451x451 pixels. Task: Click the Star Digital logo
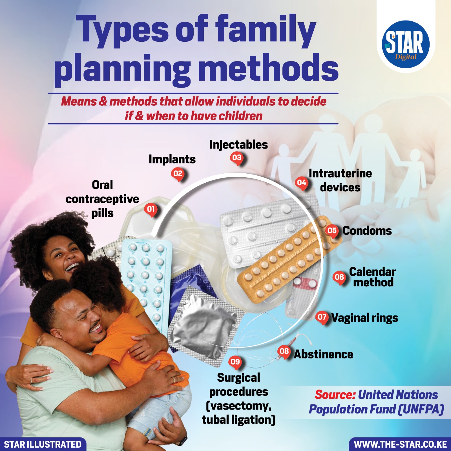pos(406,45)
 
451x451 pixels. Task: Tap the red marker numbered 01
pos(151,209)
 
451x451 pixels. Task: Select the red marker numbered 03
pos(237,158)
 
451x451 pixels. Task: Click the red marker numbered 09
pos(235,362)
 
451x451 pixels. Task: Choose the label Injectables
pos(238,145)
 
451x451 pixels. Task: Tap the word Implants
pos(172,160)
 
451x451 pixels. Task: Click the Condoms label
pos(367,231)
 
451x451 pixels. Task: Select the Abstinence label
pos(323,354)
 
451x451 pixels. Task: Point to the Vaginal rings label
pos(364,318)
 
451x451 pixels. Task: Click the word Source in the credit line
pos(335,395)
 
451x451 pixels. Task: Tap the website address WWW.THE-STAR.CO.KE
pos(400,445)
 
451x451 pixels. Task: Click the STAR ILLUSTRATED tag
pos(43,445)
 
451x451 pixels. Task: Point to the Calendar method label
pos(372,277)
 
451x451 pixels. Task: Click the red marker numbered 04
pos(302,183)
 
